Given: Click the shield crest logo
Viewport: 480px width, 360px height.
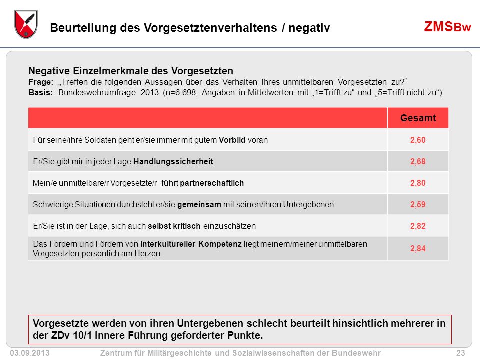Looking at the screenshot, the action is coord(26,24).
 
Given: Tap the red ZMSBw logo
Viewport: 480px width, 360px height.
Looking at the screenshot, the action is coord(447,27).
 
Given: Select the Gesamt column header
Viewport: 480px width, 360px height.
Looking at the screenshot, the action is coord(418,118).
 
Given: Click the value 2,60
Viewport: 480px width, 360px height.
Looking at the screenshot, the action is coord(418,140).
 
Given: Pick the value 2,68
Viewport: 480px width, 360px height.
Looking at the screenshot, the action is coord(418,161).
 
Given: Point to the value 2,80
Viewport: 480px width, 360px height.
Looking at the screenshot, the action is coord(418,183).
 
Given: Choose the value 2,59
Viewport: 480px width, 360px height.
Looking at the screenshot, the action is coord(418,204).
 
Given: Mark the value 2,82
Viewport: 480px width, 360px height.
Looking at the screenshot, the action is coord(418,226).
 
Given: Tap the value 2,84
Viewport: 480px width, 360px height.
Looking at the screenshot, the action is coord(418,248).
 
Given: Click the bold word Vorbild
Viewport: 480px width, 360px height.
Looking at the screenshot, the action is coord(232,140).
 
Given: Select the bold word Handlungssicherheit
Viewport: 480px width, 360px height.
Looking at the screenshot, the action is coord(173,161).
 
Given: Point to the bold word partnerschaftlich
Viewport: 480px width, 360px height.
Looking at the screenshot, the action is coord(212,183).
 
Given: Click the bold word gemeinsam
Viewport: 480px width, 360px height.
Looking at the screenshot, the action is coord(199,204).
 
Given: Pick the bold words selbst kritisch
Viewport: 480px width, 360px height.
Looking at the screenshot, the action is coord(174,226).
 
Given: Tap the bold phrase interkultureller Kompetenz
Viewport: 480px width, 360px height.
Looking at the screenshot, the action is coord(191,244).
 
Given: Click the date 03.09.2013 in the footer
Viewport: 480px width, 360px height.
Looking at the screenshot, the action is coord(30,353).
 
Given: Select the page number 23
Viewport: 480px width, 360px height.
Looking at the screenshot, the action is coord(460,353).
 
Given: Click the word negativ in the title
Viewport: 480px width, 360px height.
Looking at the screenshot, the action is coord(309,28).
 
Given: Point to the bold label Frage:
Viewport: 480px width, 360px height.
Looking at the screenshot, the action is coord(41,82).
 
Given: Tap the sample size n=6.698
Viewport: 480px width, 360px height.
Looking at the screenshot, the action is coord(180,93).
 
